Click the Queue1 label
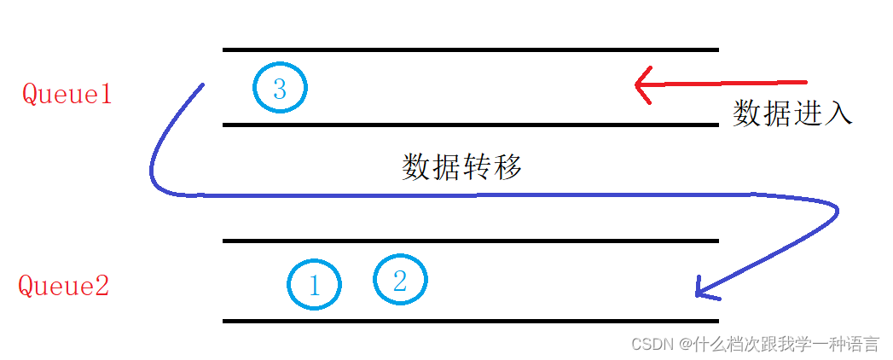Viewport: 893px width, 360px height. pyautogui.click(x=67, y=93)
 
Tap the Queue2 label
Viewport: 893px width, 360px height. pyautogui.click(x=64, y=286)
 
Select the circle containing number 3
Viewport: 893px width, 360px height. pyautogui.click(x=280, y=88)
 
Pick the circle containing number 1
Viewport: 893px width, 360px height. pyautogui.click(x=314, y=285)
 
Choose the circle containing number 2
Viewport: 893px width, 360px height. pyautogui.click(x=400, y=279)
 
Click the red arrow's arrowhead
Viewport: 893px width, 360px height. pyautogui.click(x=641, y=84)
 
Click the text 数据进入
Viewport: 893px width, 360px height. pyautogui.click(x=792, y=113)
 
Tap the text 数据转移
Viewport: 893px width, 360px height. pyautogui.click(x=461, y=167)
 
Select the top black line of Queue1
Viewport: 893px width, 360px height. pyautogui.click(x=470, y=50)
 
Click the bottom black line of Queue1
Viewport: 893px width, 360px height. pyautogui.click(x=470, y=125)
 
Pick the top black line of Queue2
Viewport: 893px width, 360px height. pyautogui.click(x=470, y=241)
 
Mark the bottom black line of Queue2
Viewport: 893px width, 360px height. pyautogui.click(x=470, y=321)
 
